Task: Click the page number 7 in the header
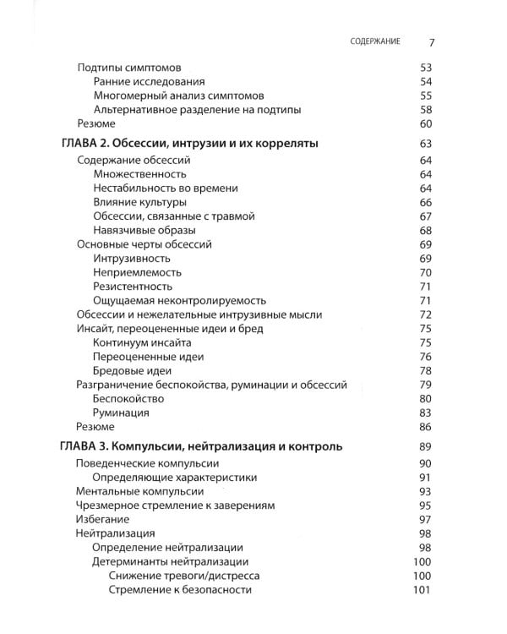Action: coord(431,41)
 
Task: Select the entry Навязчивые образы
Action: coord(144,230)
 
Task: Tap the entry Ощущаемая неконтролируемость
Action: coord(180,300)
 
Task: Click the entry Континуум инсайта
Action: coord(143,342)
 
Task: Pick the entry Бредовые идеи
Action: coord(133,370)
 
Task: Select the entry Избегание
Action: coord(102,519)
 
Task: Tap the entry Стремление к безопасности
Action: coord(180,589)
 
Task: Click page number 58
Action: coord(425,110)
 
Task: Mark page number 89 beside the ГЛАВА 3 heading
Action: coord(425,445)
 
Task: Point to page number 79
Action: coord(425,385)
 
